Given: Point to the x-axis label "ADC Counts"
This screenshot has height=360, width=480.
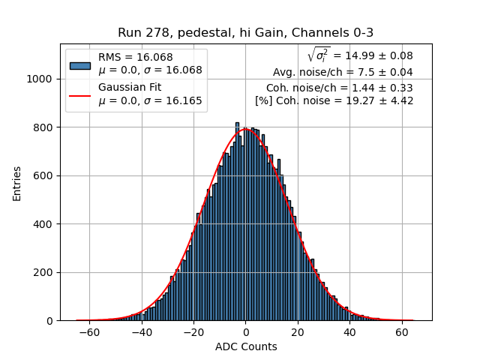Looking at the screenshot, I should [246, 346].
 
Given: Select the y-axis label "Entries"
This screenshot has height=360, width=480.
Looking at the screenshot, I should [17, 183].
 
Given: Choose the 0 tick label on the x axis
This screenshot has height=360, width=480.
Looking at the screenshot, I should [246, 331].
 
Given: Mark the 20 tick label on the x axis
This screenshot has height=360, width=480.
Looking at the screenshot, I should [298, 331].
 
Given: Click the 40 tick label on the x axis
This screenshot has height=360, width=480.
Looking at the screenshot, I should [349, 331].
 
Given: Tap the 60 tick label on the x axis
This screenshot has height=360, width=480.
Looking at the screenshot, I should [402, 331].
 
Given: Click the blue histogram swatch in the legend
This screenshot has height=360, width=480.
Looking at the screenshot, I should [80, 64].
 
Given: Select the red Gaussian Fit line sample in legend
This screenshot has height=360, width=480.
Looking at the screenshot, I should [80, 95].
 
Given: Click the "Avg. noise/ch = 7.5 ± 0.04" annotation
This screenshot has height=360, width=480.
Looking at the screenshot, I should [343, 73].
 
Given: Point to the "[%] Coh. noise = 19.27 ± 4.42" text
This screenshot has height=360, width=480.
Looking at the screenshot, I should [334, 100].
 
